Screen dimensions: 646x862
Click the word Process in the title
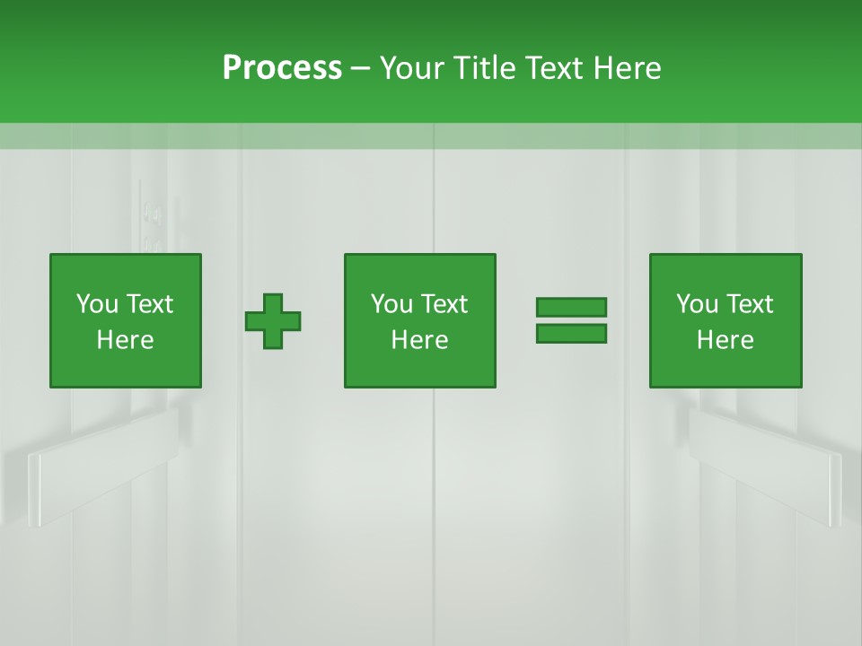tap(282, 68)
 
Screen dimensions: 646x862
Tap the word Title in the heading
tap(484, 68)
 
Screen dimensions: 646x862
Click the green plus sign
tap(273, 321)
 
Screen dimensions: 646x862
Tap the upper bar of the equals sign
tap(571, 308)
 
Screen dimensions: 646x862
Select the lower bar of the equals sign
tap(571, 334)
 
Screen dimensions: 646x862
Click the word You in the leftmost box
tap(97, 304)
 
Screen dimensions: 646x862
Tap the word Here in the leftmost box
tap(125, 340)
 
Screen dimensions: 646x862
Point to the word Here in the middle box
tap(419, 340)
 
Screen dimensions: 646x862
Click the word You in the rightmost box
tap(697, 304)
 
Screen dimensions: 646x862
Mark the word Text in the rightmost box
tap(749, 304)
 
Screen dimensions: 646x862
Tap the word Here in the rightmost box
tap(725, 340)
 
